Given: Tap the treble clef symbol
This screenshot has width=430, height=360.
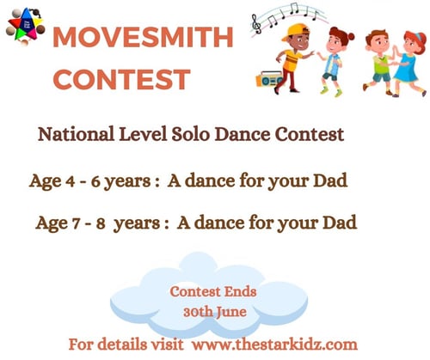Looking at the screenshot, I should coord(256,26).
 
